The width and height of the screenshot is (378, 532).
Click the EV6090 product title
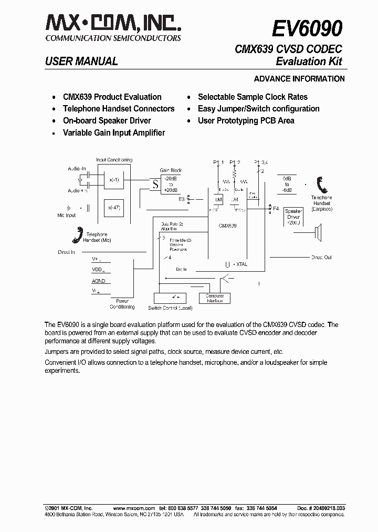pos(307,28)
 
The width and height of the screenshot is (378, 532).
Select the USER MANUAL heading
pos(81,62)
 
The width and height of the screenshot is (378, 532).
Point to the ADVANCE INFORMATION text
pos(299,79)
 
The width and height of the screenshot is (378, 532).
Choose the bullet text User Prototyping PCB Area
pos(246,120)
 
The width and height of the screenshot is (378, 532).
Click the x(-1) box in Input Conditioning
pos(114,180)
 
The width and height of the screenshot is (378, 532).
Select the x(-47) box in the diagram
pos(114,208)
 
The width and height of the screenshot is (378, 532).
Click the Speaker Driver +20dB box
pos(293,217)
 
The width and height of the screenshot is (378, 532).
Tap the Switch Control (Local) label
pos(170,308)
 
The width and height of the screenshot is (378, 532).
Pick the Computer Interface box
pos(214,298)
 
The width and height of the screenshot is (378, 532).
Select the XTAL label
pos(242,264)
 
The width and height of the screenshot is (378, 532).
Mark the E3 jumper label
pos(182,199)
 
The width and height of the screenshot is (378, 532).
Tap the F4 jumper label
pos(276,209)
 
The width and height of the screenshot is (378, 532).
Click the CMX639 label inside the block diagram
pos(227,225)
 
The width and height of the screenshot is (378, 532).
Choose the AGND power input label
pos(99,281)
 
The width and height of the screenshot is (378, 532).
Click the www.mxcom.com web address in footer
pos(134,508)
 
